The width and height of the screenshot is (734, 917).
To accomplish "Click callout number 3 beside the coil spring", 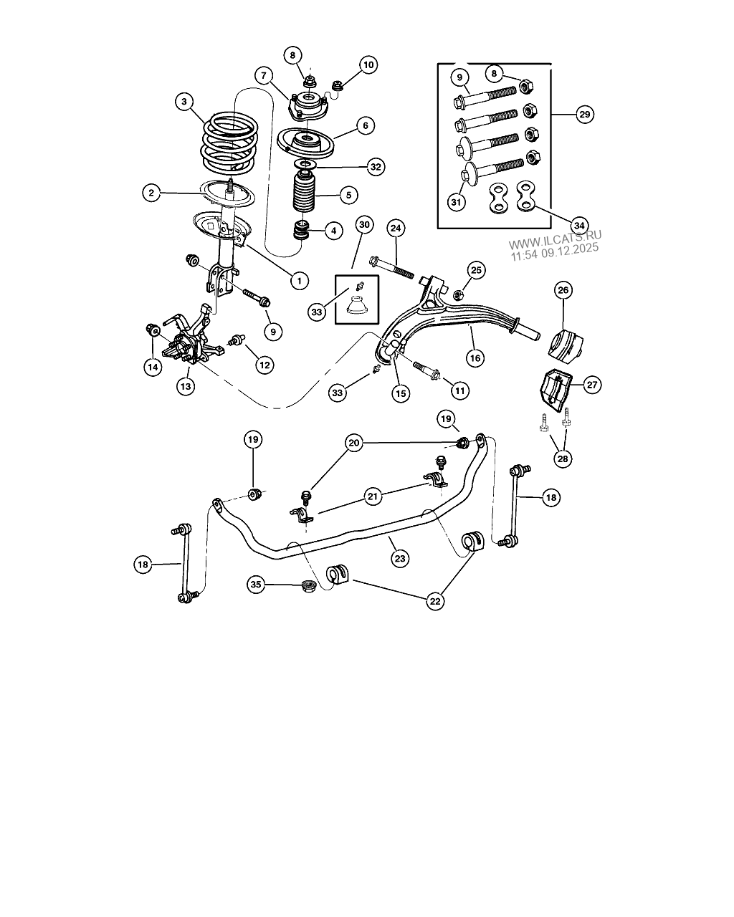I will [x=184, y=102].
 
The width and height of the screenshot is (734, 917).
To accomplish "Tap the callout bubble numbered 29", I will [x=584, y=115].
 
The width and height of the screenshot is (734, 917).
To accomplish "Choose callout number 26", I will [x=563, y=290].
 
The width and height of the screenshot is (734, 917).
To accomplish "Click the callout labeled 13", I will [x=186, y=386].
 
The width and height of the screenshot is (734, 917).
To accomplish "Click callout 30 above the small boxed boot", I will [x=365, y=225].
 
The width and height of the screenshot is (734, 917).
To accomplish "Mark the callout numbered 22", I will [x=435, y=602].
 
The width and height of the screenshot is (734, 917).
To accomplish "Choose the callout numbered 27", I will [x=592, y=385].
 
